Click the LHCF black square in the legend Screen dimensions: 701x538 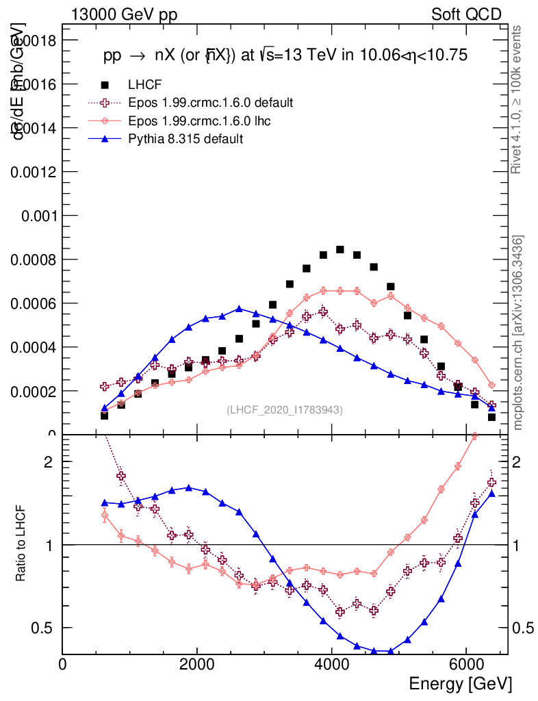[105, 85]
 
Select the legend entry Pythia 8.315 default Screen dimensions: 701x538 [185, 138]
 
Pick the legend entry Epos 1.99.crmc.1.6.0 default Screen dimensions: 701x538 [210, 103]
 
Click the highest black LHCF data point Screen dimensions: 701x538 [340, 249]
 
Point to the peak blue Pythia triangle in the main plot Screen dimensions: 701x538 [239, 309]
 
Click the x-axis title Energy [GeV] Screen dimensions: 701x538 [460, 684]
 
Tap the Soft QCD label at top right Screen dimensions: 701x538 [466, 14]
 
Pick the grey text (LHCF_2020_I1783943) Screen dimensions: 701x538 [285, 409]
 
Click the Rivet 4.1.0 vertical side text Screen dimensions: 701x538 [517, 99]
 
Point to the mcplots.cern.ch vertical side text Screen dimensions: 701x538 [518, 333]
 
